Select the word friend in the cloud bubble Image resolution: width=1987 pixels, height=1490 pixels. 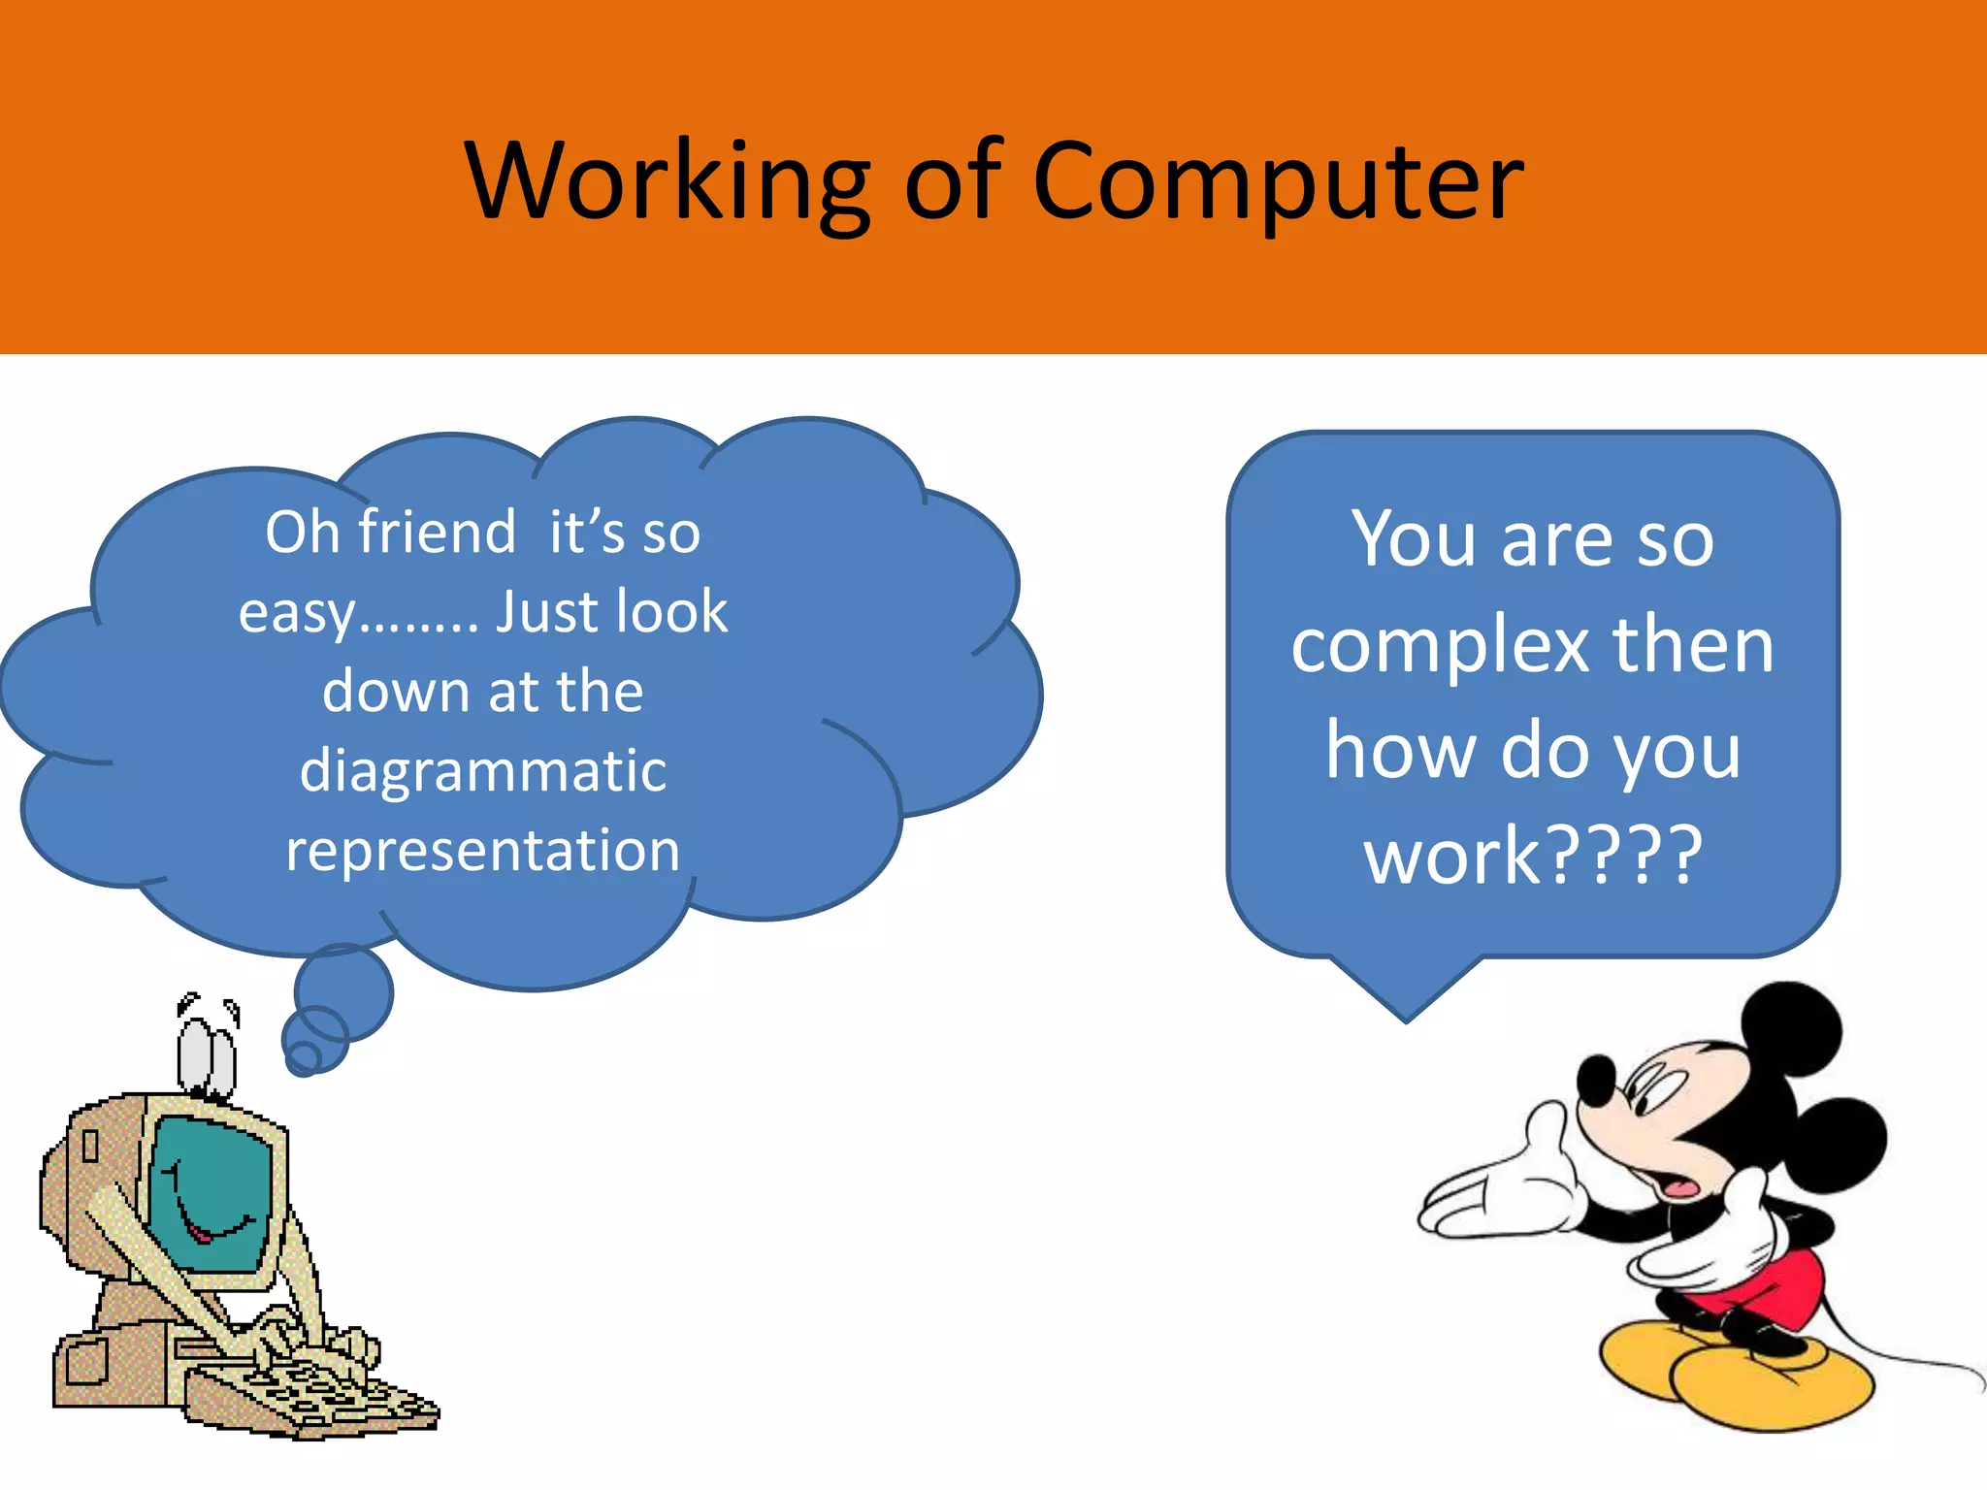click(438, 533)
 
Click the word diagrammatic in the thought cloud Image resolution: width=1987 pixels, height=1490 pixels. click(483, 771)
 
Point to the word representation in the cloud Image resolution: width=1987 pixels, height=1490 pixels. click(482, 851)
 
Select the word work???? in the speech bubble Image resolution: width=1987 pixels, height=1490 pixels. click(1533, 856)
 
